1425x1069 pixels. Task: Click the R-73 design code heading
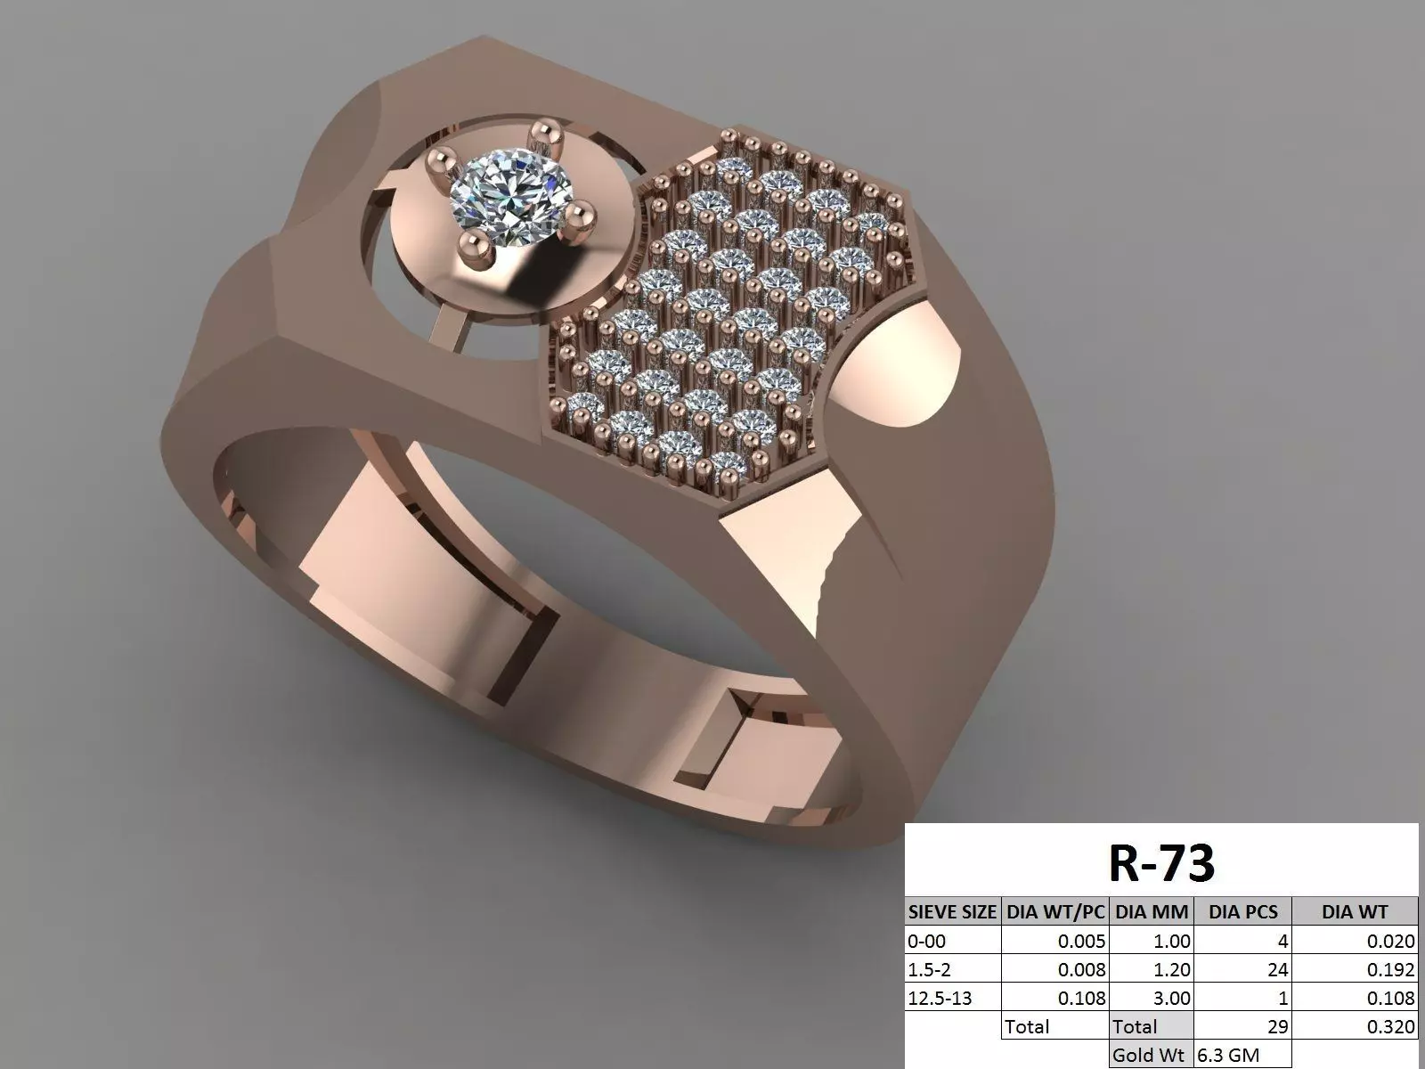(x=1161, y=861)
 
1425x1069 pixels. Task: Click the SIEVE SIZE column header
(x=952, y=911)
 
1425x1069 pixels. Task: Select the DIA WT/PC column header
(x=1055, y=911)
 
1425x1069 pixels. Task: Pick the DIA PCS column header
(x=1242, y=911)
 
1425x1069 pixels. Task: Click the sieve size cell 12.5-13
(x=940, y=999)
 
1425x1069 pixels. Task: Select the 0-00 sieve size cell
(x=927, y=941)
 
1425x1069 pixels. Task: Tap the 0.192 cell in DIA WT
(x=1390, y=969)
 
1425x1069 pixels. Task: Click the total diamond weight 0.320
(x=1390, y=1027)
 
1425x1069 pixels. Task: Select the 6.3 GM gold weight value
(x=1229, y=1056)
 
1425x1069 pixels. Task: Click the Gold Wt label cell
(x=1149, y=1056)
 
